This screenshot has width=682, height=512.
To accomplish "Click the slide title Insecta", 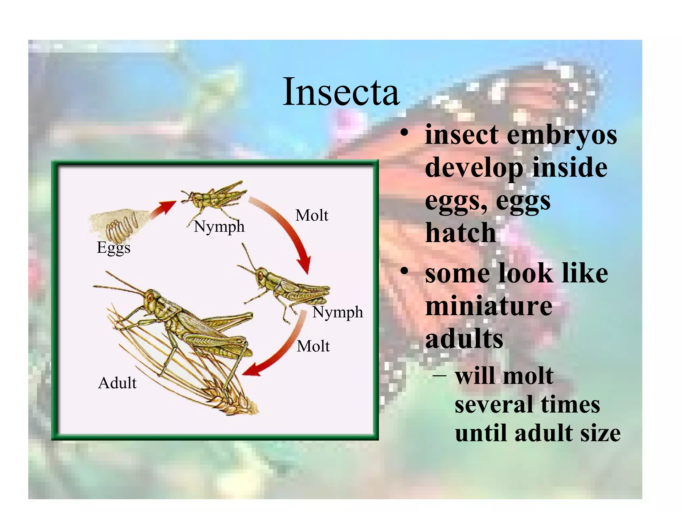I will click(x=341, y=92).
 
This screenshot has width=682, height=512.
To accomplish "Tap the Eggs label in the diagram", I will click(x=114, y=248).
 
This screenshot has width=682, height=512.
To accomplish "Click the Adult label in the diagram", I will click(x=117, y=383).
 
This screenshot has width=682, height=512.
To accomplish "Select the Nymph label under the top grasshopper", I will click(x=219, y=227).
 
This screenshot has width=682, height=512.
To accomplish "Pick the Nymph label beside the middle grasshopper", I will click(x=338, y=312).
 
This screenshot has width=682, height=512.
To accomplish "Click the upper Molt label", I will click(x=312, y=215).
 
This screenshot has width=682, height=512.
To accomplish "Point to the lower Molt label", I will click(x=313, y=346).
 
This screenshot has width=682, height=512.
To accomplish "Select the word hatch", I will click(x=461, y=233).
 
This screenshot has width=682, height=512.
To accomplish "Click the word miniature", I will click(x=489, y=306).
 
